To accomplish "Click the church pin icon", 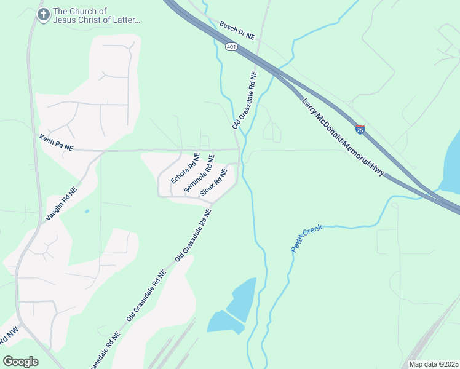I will tap(43, 15).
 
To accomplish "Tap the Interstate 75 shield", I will tap(360, 129).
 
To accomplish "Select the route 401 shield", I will tap(231, 47).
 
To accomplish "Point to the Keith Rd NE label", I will tap(56, 143).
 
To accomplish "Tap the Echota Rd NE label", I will tap(185, 168).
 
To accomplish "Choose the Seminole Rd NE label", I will tap(199, 173).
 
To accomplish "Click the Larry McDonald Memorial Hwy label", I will tap(343, 137).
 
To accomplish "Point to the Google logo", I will tap(20, 361).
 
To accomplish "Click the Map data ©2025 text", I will tap(434, 364).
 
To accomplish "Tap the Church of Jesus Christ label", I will tap(97, 15).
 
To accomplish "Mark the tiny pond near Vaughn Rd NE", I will tap(87, 212).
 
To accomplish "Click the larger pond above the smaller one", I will tap(243, 300).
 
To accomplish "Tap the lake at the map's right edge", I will tap(452, 163).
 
